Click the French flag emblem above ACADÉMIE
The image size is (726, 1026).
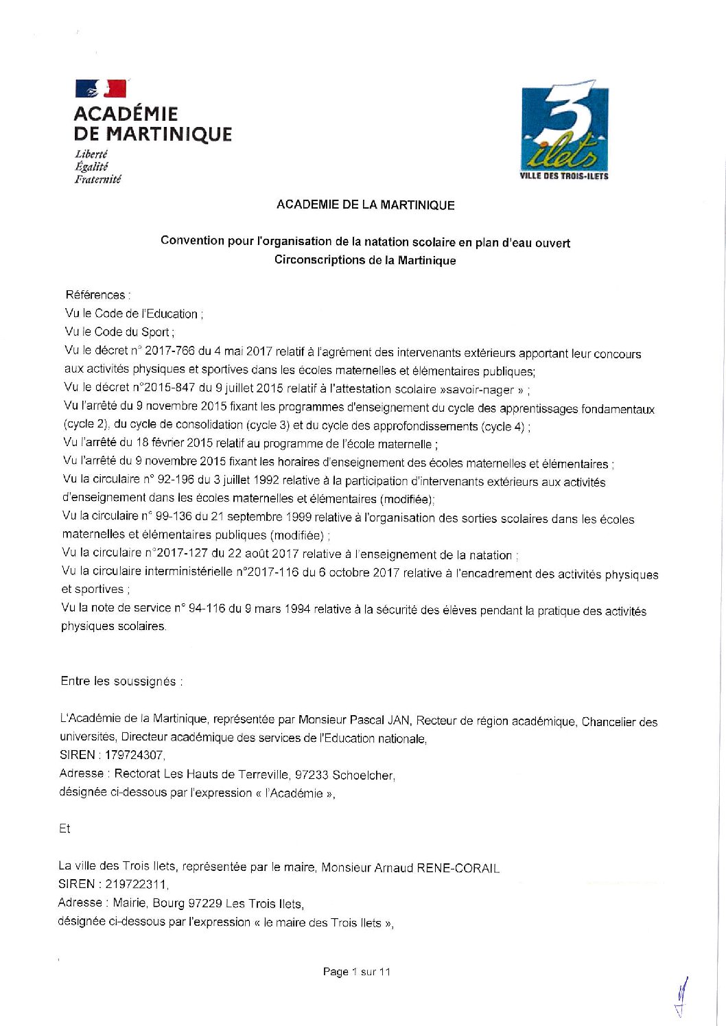point(100,89)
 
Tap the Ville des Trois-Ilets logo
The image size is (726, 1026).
point(564,130)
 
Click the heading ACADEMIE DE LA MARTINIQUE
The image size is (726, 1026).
point(365,205)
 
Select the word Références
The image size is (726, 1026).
point(95,295)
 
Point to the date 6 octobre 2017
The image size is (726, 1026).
point(360,572)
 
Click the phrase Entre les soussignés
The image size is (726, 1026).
point(121,681)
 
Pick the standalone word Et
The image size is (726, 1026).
point(65,828)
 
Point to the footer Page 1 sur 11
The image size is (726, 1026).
point(356,972)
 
